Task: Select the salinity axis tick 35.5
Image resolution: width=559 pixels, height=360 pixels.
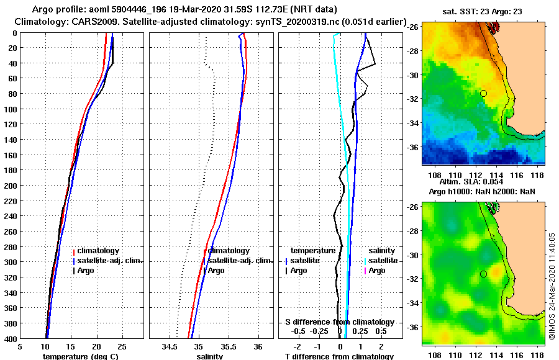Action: click(229, 346)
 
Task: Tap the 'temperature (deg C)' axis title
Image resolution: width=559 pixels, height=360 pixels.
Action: click(81, 356)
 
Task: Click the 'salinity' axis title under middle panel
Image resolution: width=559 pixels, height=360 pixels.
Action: click(209, 356)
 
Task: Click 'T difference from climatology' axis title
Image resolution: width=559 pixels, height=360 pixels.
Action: click(339, 356)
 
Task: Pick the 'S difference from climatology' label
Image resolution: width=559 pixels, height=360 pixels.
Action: click(339, 322)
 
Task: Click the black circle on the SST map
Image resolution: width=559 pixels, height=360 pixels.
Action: click(483, 93)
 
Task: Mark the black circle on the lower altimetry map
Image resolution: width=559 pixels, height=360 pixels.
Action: click(483, 274)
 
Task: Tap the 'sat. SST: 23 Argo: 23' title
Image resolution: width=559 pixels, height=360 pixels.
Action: click(483, 12)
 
